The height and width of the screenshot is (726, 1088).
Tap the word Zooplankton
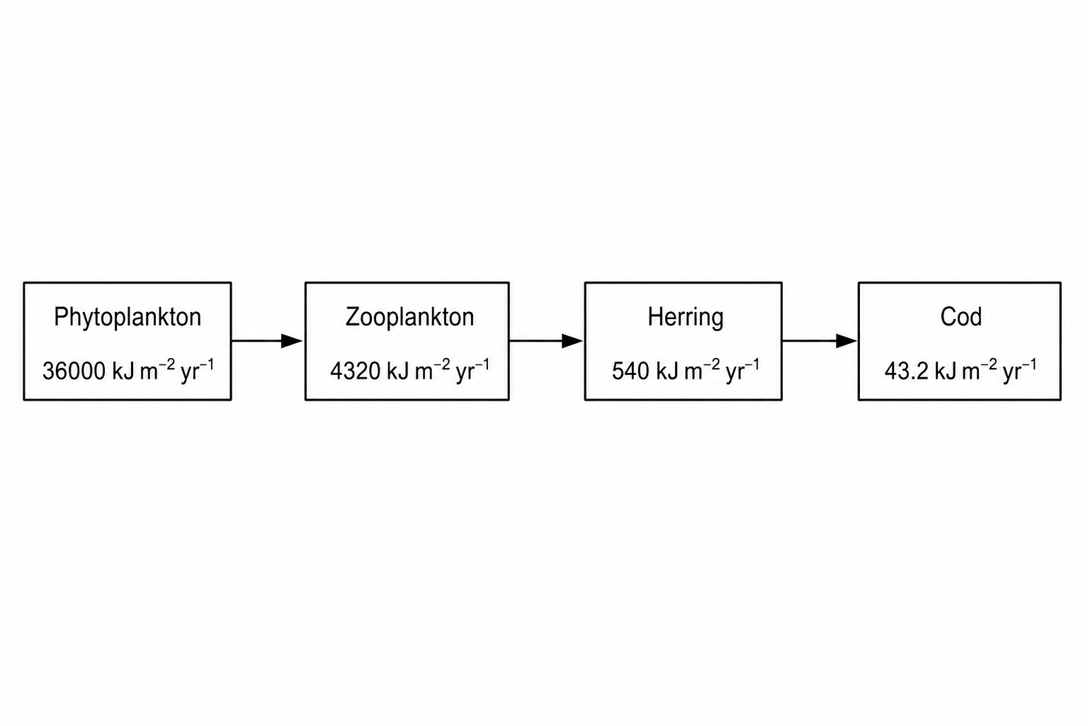pos(409,317)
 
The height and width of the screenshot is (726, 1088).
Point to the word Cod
pos(960,317)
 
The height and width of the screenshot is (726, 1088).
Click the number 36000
pos(74,372)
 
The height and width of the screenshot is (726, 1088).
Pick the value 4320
pos(356,372)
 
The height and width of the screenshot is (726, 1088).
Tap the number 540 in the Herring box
pos(630,372)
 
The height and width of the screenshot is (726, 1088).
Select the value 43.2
pos(907,372)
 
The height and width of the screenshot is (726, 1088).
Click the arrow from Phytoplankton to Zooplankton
pos(267,341)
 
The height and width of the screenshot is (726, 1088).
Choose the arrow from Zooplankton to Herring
pos(546,341)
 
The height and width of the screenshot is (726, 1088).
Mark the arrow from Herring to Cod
pos(820,341)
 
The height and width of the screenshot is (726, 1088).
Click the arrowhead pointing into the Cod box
pos(846,341)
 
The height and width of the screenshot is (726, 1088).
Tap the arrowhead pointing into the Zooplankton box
pos(292,341)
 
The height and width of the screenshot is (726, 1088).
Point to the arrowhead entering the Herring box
pos(572,341)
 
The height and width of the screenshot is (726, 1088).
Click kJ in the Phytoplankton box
pos(123,372)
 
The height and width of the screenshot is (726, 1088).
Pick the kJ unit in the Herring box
pos(667,372)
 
